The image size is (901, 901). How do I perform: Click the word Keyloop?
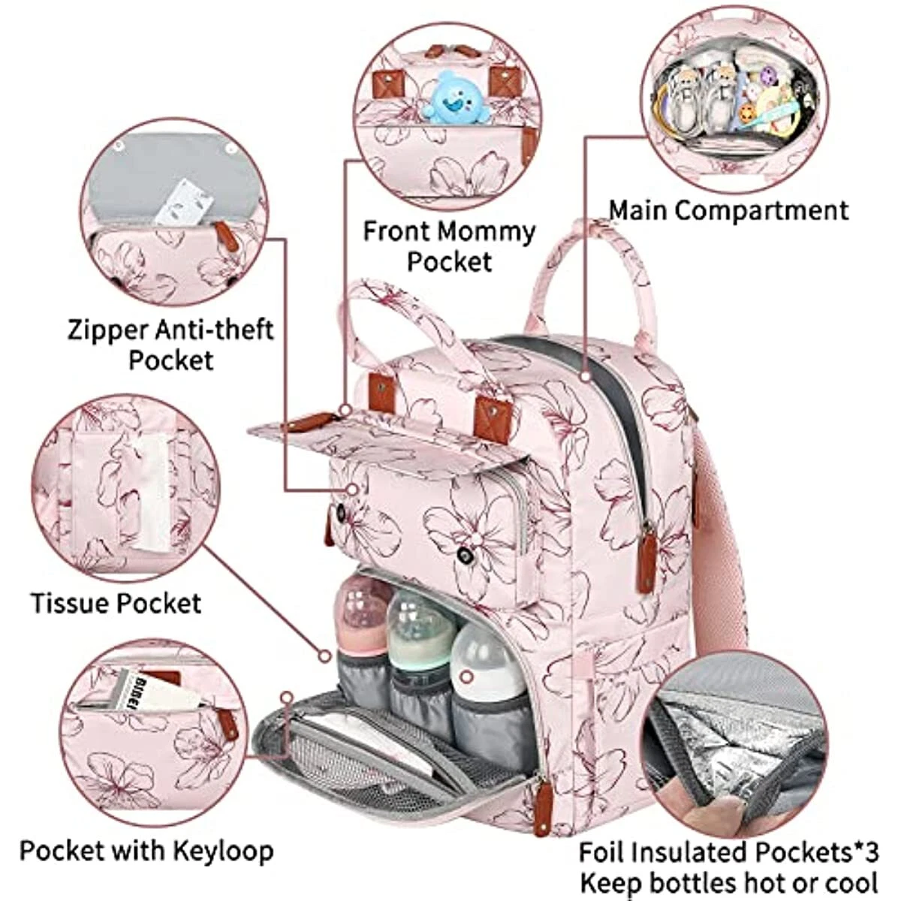223,851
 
